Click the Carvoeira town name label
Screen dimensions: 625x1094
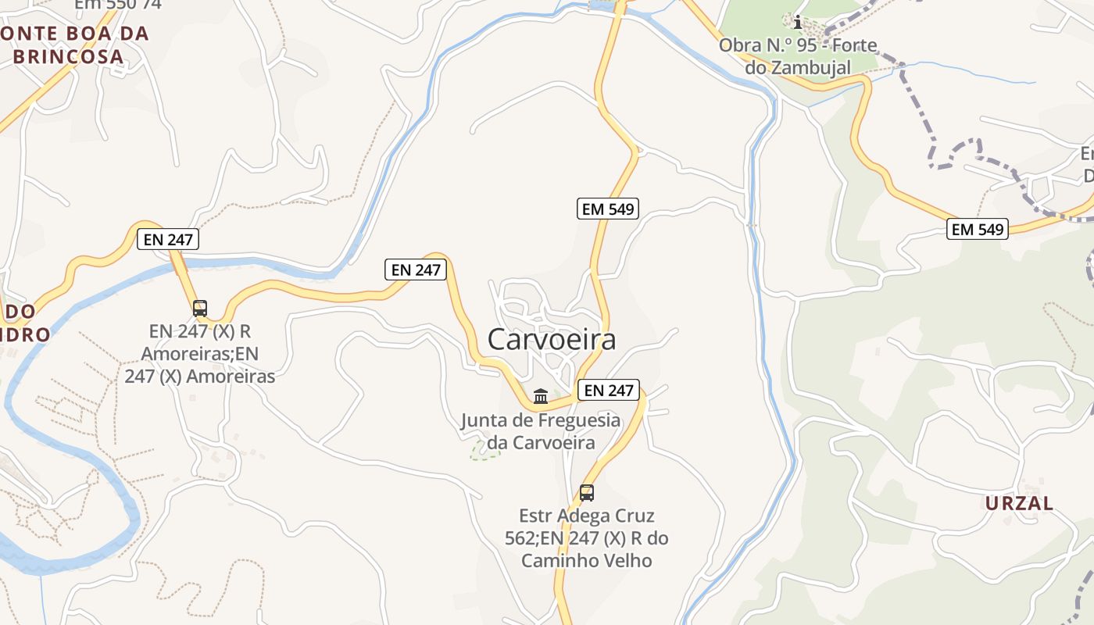[552, 339]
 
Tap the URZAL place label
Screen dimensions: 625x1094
[1019, 503]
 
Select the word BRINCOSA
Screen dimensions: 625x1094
[69, 56]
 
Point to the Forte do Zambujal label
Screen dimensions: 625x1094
[798, 56]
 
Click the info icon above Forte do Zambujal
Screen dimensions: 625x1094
[797, 21]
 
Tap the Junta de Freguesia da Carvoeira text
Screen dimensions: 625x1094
[541, 431]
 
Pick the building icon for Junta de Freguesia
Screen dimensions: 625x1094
[540, 396]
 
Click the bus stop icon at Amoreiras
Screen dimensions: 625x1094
[200, 308]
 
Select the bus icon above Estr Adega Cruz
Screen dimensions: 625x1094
[586, 493]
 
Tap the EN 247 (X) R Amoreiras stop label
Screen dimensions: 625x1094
[200, 353]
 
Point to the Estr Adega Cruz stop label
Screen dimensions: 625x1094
[587, 538]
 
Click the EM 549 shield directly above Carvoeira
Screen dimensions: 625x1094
[608, 209]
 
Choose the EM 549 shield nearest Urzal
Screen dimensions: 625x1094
[977, 229]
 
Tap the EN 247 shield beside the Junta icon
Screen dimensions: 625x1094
[609, 390]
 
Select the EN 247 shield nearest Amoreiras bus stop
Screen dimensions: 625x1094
[168, 239]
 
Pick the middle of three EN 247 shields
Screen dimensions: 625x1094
[417, 270]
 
